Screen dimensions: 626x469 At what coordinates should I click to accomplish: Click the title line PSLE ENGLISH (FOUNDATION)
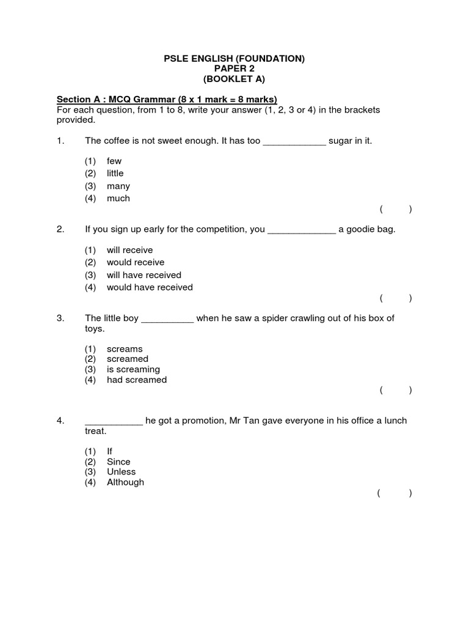[234, 59]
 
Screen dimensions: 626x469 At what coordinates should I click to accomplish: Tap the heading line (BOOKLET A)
[234, 79]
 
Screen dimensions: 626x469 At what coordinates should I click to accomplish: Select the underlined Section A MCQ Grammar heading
[167, 100]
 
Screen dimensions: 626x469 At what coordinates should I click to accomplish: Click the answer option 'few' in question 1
[114, 161]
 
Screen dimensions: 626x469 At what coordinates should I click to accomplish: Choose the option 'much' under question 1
[118, 198]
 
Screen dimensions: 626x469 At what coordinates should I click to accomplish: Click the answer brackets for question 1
[395, 210]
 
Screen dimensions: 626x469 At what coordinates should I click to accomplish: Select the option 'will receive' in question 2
[129, 250]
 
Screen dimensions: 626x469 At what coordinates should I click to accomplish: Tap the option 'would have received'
[150, 287]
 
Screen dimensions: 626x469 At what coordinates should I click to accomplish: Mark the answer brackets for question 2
[395, 298]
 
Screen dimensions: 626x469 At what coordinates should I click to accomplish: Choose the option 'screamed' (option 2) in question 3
[128, 359]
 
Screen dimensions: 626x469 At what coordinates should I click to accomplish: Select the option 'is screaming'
[133, 369]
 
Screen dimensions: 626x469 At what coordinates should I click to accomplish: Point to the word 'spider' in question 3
[274, 318]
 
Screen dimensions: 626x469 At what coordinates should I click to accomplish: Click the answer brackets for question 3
[395, 390]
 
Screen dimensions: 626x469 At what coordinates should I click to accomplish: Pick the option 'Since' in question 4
[118, 462]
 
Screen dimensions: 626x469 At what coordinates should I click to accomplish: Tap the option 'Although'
[125, 482]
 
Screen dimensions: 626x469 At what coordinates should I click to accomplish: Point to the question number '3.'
[60, 318]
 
